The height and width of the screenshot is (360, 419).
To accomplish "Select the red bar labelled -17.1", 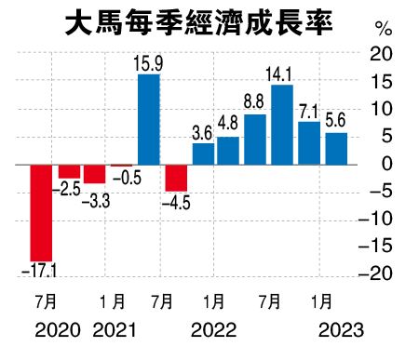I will (41, 212).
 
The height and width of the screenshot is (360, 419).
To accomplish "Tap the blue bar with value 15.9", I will (148, 119).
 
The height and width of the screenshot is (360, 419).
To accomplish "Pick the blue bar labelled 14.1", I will (282, 125).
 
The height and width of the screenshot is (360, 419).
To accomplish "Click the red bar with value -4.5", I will (176, 178).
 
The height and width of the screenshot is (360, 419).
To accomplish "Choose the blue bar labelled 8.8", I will (255, 140).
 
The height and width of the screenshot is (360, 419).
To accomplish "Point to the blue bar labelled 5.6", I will (336, 149).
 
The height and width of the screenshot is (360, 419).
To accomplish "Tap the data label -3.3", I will (94, 199).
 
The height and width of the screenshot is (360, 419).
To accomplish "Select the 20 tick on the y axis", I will (381, 55).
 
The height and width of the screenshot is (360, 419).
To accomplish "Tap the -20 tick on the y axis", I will (377, 273).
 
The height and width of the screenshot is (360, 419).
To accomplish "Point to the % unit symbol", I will (383, 28).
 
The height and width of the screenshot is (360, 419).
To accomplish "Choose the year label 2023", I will (340, 329).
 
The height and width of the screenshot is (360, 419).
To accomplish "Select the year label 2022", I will (213, 329).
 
